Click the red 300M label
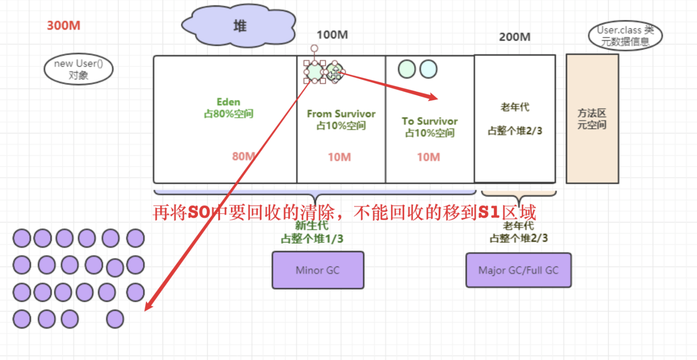[64, 26]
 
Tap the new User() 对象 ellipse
[78, 69]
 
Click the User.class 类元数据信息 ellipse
[626, 35]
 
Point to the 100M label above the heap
[332, 35]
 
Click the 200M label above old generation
[515, 36]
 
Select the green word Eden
[229, 102]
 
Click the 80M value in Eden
[244, 156]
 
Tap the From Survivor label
[341, 114]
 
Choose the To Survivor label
[430, 121]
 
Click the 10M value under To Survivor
[428, 157]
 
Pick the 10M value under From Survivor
[340, 157]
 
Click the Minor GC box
[318, 270]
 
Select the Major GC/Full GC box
[518, 270]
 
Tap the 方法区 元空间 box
[592, 119]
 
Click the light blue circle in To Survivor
[428, 69]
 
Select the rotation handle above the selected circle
[314, 48]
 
